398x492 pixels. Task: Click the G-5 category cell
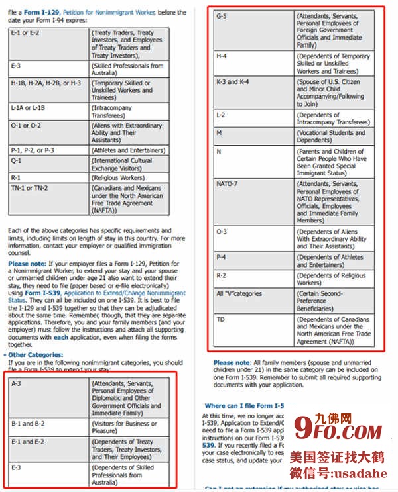[222, 15]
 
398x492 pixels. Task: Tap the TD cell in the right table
[221, 320]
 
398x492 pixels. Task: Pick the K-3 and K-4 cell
[233, 82]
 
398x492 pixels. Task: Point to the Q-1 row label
[17, 160]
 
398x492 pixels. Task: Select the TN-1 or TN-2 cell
[29, 188]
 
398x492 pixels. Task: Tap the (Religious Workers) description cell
[119, 178]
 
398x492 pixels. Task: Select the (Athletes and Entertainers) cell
[127, 150]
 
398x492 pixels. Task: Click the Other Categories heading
[36, 355]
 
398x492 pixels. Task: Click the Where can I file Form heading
[245, 405]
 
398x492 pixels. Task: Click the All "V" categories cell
[239, 293]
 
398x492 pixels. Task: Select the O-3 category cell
[221, 232]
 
